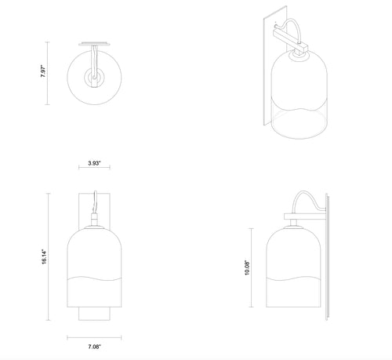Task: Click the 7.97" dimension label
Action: [x=43, y=71]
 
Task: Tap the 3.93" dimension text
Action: [x=94, y=163]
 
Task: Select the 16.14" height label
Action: [x=44, y=257]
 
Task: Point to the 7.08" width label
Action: [x=94, y=347]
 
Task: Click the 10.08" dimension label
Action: [x=247, y=267]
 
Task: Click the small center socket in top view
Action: [x=94, y=78]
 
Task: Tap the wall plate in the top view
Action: [x=94, y=43]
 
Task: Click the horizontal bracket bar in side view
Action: [x=305, y=216]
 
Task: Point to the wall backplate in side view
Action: [x=327, y=256]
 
